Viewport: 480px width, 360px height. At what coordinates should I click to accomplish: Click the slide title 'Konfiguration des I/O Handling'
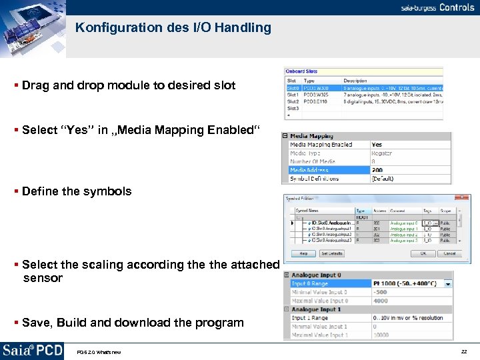tap(173, 28)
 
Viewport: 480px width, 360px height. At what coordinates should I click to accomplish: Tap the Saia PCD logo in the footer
tap(32, 351)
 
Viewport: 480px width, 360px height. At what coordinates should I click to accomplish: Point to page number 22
tap(464, 351)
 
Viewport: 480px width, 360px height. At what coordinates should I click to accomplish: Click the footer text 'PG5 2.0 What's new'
tap(99, 352)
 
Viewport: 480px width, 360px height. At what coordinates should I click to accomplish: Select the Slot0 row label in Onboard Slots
tap(293, 88)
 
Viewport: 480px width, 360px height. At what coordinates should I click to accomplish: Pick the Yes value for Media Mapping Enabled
tap(377, 145)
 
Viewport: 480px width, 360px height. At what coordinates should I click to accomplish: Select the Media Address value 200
tap(377, 170)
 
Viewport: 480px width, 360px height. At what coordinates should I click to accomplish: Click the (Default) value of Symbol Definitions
tap(383, 179)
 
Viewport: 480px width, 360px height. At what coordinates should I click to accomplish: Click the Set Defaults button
tap(331, 253)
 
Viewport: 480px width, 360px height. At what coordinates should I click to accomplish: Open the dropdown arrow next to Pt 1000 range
tap(448, 284)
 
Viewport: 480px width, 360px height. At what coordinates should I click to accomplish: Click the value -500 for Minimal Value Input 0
tap(379, 292)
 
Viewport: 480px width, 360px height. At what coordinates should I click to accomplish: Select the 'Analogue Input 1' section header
tap(316, 309)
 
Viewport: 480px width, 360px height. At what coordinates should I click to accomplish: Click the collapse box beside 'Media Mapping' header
tap(285, 136)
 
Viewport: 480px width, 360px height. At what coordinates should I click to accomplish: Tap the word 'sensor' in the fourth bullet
tap(43, 278)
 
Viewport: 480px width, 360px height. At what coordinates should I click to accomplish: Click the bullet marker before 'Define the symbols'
tap(16, 192)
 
